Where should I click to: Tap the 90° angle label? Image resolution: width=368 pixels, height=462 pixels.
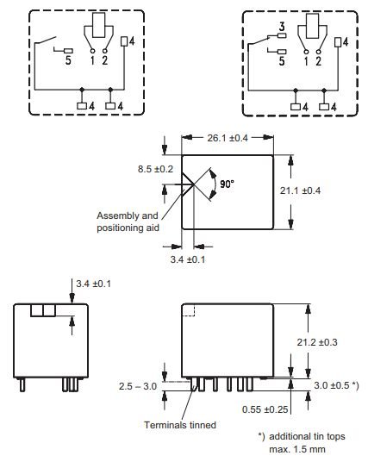pos(226,184)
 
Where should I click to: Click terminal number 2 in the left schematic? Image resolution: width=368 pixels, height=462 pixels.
pos(106,61)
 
